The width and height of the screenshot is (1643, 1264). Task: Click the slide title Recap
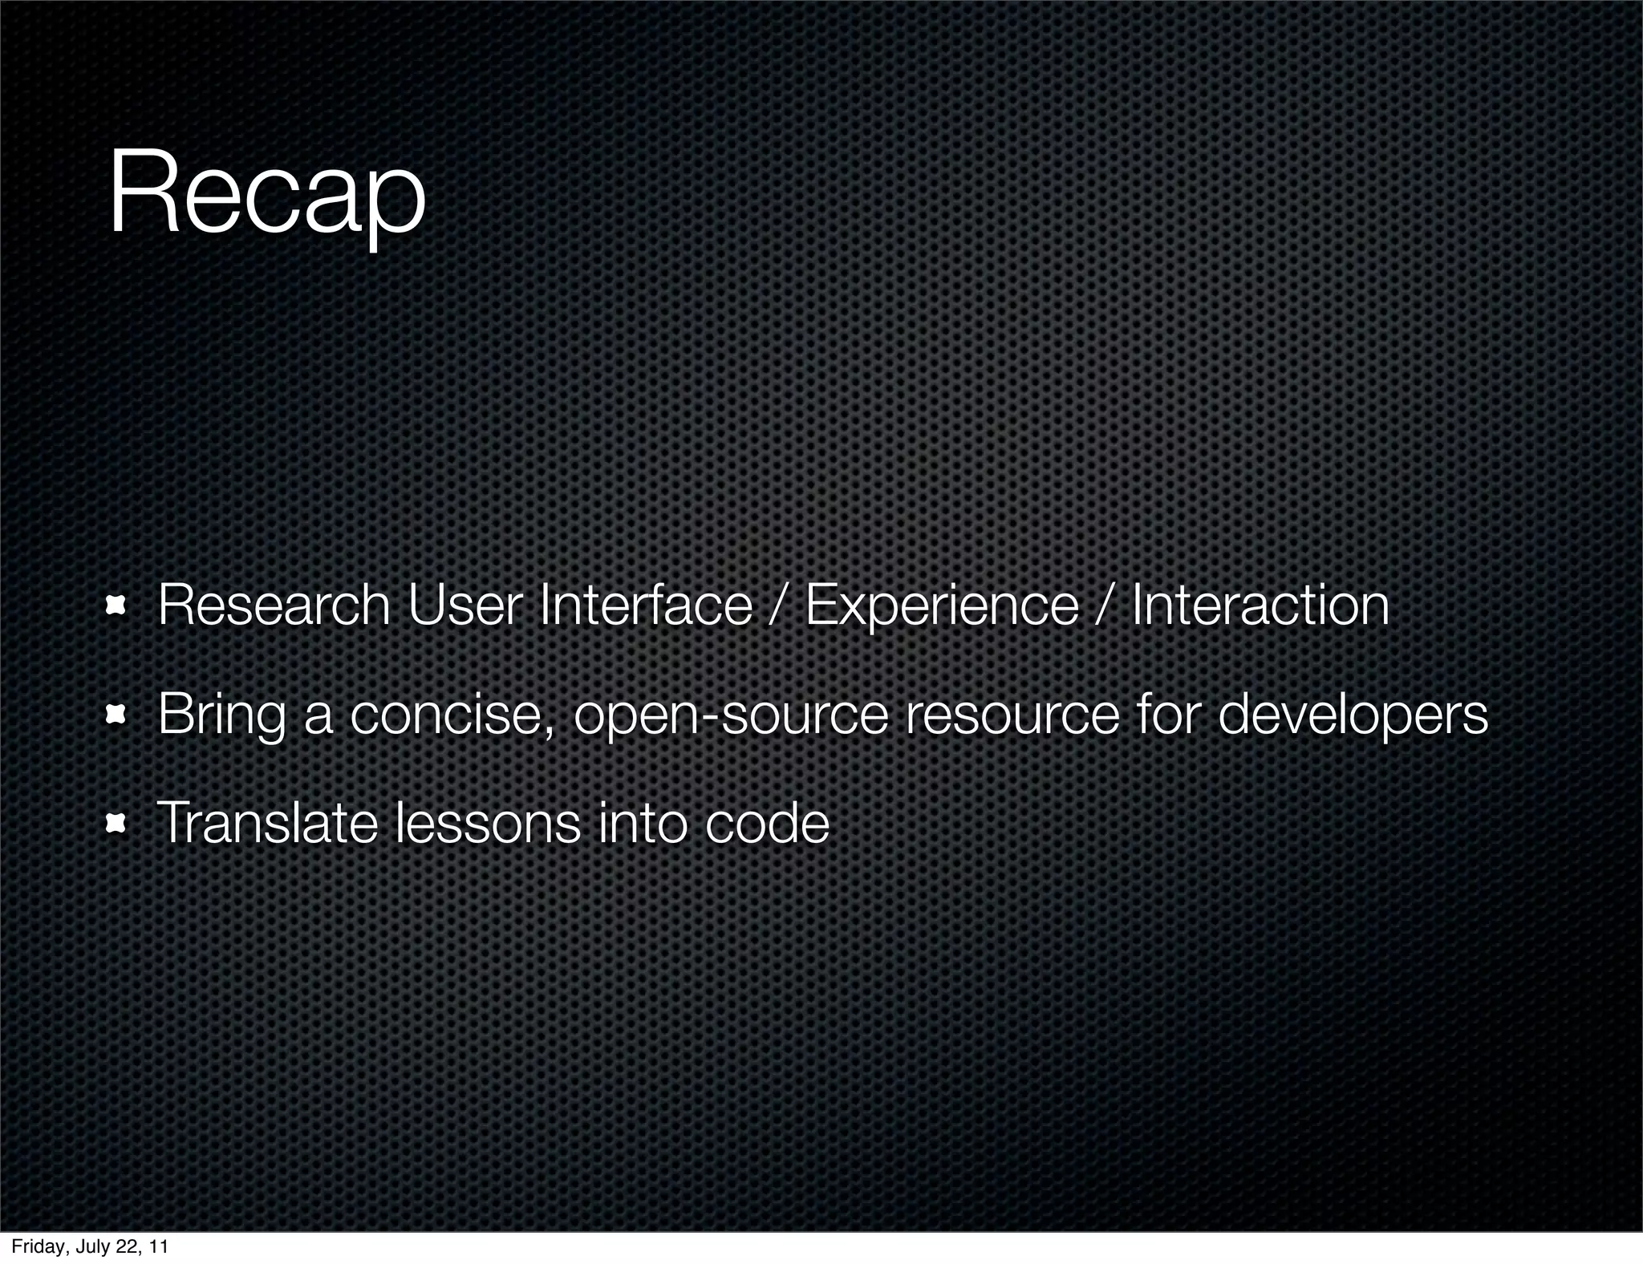[x=266, y=197]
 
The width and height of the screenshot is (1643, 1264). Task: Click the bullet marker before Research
[x=118, y=607]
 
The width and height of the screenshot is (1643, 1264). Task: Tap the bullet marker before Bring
[x=118, y=715]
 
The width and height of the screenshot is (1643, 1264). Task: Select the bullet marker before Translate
[x=118, y=824]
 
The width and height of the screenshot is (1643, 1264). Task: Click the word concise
[x=452, y=715]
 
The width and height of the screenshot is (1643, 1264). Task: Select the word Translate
[x=266, y=824]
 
